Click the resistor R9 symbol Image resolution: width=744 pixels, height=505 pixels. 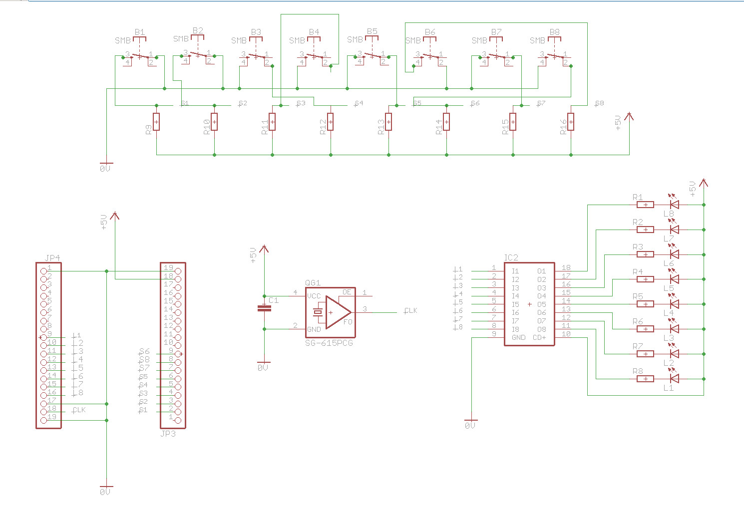[156, 121]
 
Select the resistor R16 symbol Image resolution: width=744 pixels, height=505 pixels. [571, 121]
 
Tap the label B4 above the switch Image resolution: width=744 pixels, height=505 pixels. [314, 32]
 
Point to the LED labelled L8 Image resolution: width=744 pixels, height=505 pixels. [674, 205]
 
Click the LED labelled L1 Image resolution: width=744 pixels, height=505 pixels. [674, 379]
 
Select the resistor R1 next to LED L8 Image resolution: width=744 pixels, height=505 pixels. [646, 205]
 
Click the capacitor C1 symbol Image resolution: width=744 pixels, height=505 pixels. [264, 308]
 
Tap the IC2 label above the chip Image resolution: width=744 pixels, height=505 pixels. [511, 258]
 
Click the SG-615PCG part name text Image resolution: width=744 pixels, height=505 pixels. [329, 343]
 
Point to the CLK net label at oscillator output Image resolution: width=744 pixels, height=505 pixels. [410, 311]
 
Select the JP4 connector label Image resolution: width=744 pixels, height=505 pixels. [52, 258]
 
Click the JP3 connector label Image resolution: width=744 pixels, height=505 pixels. [168, 434]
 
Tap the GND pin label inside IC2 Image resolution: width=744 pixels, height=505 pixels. [518, 337]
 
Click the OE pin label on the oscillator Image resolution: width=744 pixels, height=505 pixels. [347, 292]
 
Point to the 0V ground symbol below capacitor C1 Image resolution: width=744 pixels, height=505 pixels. [263, 365]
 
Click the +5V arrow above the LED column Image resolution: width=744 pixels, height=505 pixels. [703, 183]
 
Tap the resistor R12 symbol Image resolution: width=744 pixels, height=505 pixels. [330, 121]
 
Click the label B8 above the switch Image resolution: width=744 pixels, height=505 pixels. [554, 32]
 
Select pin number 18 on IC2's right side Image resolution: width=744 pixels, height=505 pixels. [566, 268]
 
